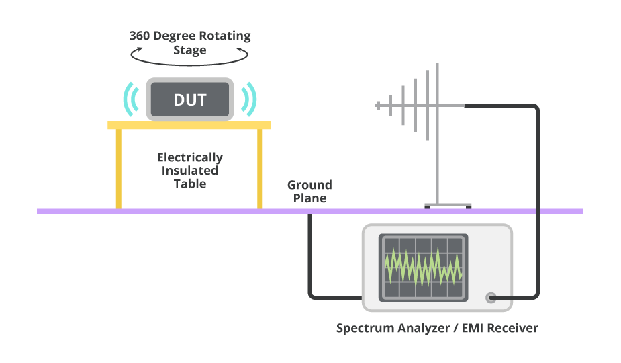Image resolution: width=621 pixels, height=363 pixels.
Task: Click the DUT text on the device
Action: (x=190, y=101)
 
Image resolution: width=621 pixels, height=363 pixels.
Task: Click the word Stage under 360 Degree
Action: (x=190, y=50)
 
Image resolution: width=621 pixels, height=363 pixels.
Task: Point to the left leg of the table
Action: (x=119, y=168)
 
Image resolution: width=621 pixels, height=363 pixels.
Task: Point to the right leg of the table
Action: (x=260, y=168)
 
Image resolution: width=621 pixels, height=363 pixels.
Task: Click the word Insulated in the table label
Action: (x=190, y=171)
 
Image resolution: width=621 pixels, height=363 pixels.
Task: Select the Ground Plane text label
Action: (x=309, y=192)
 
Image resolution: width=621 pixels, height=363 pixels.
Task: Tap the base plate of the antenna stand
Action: (x=448, y=206)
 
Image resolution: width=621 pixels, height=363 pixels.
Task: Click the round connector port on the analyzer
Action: (x=491, y=297)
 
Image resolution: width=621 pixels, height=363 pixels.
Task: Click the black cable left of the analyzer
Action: (x=310, y=262)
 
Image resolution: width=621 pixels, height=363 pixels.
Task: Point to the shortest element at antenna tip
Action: (x=378, y=105)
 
